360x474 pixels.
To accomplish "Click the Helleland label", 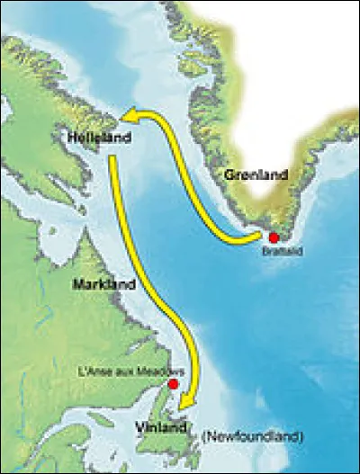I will pos(99,139).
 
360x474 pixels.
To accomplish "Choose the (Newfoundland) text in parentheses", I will pos(253,436).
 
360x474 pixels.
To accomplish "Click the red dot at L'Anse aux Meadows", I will pos(174,384).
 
